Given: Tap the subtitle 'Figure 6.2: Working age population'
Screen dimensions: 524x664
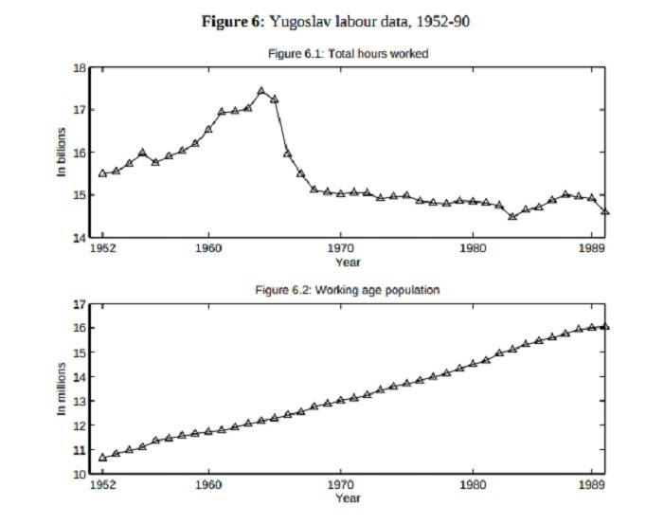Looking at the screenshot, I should click(349, 290).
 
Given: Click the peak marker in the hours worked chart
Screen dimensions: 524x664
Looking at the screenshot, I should click(261, 91).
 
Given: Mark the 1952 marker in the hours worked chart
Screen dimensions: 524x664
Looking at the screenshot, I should click(102, 172).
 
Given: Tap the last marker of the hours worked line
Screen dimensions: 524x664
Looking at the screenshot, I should click(605, 211).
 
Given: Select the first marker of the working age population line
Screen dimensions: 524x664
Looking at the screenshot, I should click(102, 458).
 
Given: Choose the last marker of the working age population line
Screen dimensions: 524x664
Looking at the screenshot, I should click(605, 326).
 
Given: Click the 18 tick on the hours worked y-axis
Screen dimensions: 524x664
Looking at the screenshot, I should click(81, 68).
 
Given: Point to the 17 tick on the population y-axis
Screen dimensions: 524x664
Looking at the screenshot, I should click(81, 304).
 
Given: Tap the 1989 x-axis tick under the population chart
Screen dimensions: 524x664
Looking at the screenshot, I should click(592, 485).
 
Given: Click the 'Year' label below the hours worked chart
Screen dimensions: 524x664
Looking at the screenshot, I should click(348, 261).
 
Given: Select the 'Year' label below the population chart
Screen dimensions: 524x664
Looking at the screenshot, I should click(348, 497).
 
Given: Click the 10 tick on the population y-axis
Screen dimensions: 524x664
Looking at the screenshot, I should click(81, 474).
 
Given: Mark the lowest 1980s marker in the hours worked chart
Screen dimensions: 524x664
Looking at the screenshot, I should click(512, 216).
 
